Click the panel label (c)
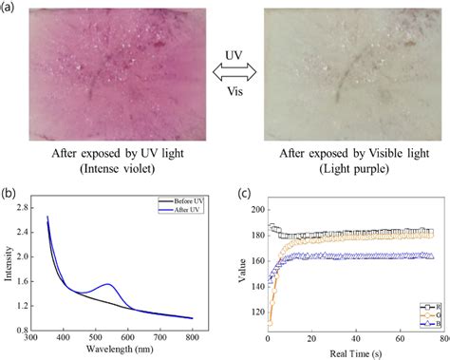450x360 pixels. (x=243, y=195)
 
